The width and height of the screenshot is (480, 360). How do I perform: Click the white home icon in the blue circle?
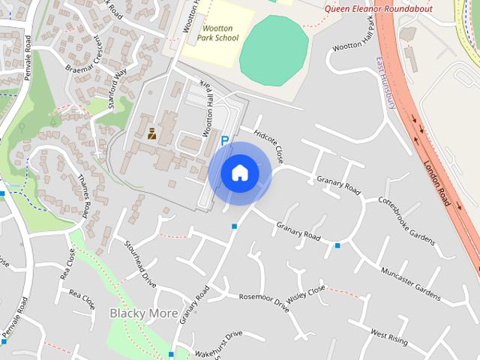(x=239, y=172)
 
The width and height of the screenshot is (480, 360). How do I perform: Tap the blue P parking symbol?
(x=224, y=139)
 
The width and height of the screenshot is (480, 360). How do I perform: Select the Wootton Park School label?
(x=220, y=33)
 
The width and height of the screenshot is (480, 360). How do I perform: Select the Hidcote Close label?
(x=269, y=145)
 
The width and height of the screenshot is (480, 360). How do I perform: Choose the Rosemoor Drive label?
(x=263, y=300)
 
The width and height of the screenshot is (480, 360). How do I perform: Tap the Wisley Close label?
(x=307, y=292)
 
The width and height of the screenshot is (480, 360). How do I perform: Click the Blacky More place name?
(x=144, y=313)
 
